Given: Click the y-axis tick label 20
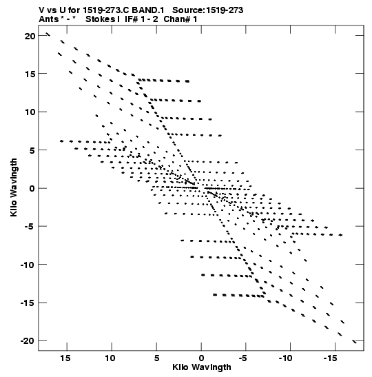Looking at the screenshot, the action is click(30, 36).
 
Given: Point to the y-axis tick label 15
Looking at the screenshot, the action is click(30, 74).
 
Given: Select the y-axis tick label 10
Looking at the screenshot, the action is click(30, 112).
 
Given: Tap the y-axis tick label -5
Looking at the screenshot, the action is click(30, 227).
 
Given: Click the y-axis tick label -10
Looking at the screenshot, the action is click(28, 265).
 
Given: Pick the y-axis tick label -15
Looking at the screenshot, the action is click(28, 303).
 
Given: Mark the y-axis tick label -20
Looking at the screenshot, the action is click(28, 341).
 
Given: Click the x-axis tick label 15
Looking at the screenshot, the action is click(65, 358).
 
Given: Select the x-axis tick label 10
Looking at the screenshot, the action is click(110, 358).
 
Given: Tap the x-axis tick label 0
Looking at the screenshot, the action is click(201, 358).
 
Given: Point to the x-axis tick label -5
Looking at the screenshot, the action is click(243, 358).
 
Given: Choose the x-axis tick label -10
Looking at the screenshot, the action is click(286, 358).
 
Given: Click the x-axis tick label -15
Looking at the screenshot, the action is click(331, 358).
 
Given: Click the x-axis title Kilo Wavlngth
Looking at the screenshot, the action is click(202, 367).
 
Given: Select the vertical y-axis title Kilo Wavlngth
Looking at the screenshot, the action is click(14, 187).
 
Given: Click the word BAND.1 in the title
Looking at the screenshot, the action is click(148, 10).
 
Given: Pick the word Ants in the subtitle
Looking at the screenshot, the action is click(49, 19).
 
